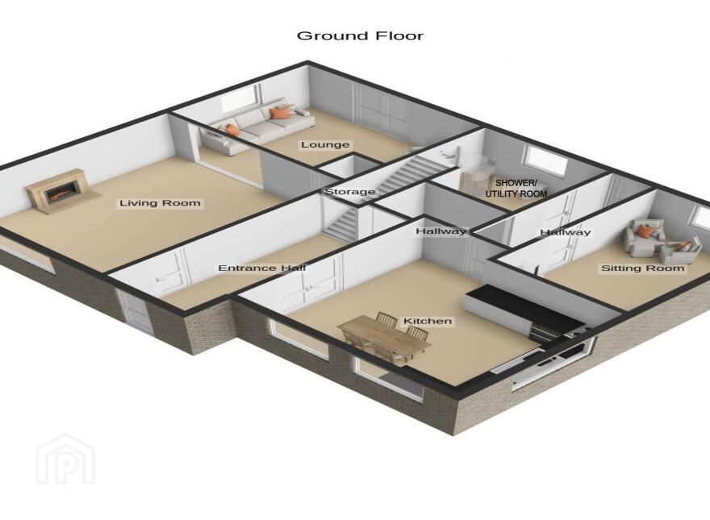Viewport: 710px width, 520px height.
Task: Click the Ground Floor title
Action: (x=360, y=35)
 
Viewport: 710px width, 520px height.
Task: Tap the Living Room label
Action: (x=160, y=203)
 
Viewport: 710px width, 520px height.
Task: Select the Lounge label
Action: (x=325, y=145)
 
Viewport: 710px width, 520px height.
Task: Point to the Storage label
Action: (x=350, y=192)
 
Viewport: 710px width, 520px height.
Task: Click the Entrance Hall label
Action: (x=262, y=268)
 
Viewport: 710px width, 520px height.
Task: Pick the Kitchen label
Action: (x=428, y=321)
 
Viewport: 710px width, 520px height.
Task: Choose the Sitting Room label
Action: (x=642, y=268)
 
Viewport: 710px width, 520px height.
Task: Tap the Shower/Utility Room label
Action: (x=516, y=189)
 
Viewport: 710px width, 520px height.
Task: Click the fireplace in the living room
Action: (x=61, y=191)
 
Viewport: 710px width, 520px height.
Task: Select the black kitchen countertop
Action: (x=523, y=307)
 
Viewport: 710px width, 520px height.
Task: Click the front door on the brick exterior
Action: (x=136, y=311)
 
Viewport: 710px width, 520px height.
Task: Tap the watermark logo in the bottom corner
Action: (x=65, y=459)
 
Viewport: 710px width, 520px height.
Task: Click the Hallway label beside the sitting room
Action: (x=566, y=232)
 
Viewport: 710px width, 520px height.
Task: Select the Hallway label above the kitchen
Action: (x=441, y=231)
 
